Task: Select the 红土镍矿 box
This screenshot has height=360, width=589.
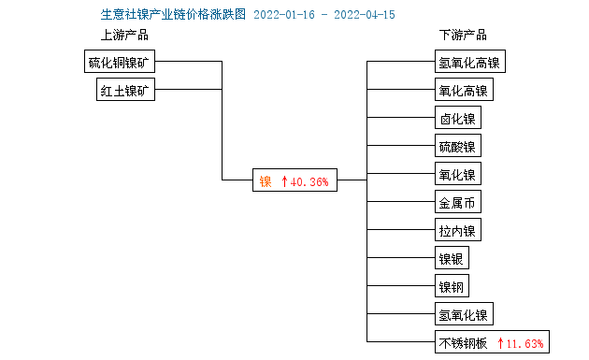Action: [x=127, y=90]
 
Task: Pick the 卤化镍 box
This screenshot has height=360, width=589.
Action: [x=458, y=119]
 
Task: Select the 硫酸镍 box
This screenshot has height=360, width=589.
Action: [x=458, y=147]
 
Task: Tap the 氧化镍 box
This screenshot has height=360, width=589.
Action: [x=458, y=174]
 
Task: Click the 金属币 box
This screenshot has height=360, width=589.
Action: [x=458, y=202]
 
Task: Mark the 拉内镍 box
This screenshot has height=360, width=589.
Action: [x=458, y=230]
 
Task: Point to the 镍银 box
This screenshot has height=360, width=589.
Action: [x=452, y=258]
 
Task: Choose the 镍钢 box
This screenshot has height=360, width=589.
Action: [x=452, y=286]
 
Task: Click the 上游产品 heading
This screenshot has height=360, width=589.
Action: [x=124, y=36]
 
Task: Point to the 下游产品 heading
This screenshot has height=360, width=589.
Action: [x=463, y=36]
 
